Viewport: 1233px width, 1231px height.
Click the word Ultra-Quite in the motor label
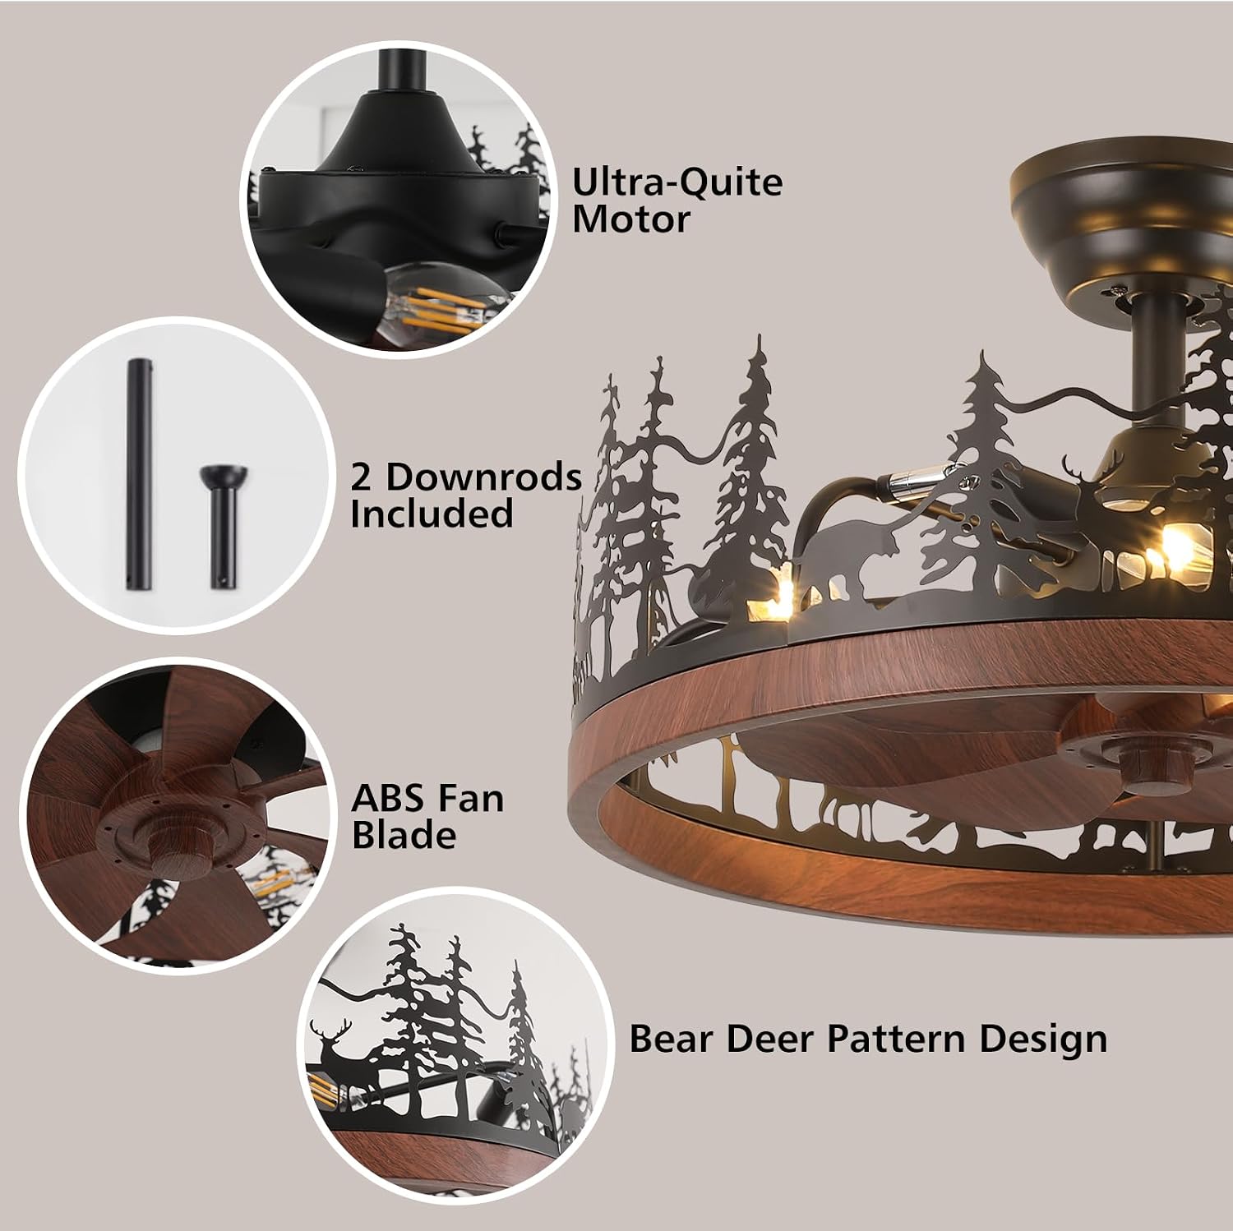(677, 182)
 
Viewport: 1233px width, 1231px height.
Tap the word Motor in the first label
(630, 219)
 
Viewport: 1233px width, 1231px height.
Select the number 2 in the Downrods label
(361, 477)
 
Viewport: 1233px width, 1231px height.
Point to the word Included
(432, 514)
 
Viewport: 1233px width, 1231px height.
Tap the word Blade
(404, 835)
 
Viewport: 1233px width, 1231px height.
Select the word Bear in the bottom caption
(672, 1039)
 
